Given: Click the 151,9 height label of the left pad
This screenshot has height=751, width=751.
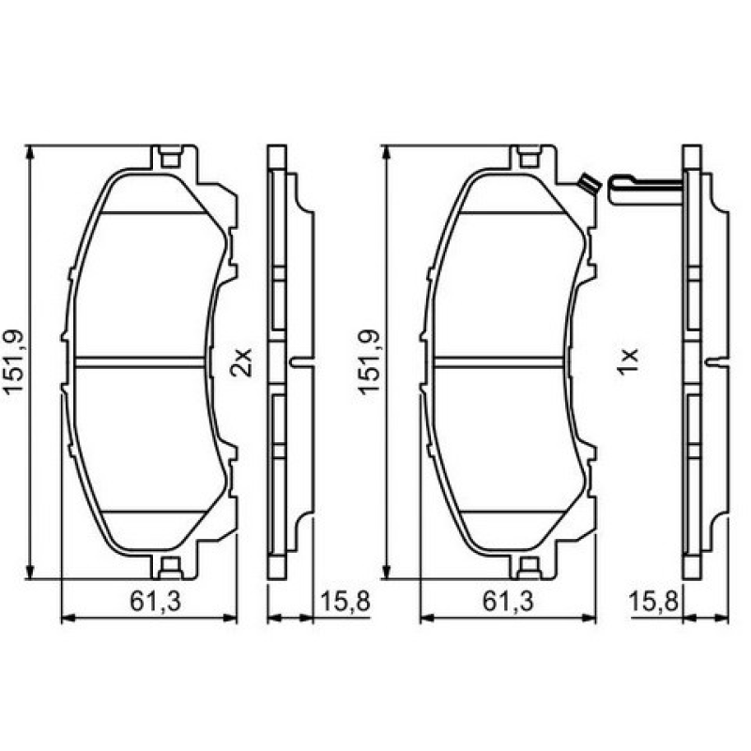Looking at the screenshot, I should point(16,362).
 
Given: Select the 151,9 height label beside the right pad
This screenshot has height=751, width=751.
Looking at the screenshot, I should point(369,362).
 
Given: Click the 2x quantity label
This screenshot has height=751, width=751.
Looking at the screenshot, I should point(242,361).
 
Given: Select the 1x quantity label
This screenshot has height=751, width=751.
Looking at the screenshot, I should point(628,361).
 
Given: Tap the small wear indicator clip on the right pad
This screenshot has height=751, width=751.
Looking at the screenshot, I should point(588,183).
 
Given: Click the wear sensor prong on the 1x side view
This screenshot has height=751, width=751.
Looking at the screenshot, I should point(643,187).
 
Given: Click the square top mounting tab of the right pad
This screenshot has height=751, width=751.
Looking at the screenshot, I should point(529,157).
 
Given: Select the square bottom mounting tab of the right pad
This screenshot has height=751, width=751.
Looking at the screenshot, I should point(529,567).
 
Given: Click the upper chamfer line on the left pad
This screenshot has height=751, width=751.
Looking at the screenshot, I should point(152,212).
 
